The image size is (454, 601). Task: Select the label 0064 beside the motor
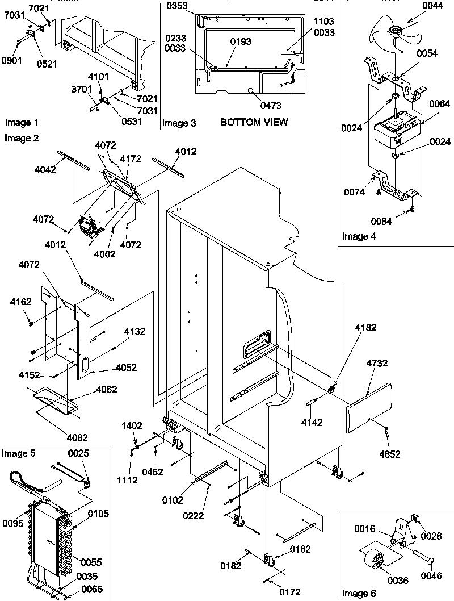pyautogui.click(x=439, y=103)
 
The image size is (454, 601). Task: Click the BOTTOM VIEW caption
pyautogui.click(x=254, y=122)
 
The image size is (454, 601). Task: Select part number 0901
pyautogui.click(x=11, y=60)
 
